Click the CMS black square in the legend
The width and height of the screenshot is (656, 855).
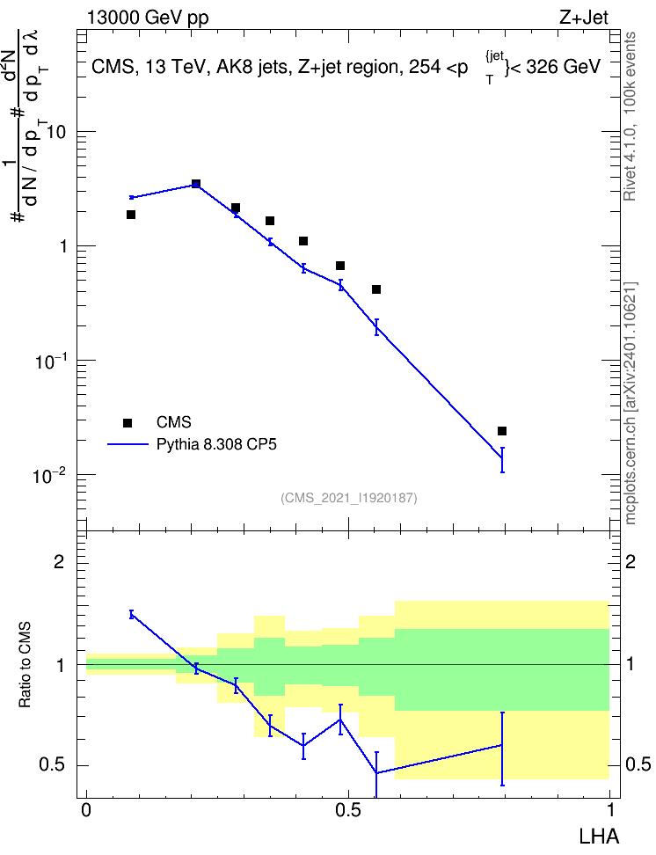coord(128,422)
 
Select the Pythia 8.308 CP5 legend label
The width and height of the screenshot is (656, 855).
coord(216,444)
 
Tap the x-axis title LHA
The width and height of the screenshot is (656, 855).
coord(598,837)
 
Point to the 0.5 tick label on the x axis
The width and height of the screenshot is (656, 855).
coord(348,810)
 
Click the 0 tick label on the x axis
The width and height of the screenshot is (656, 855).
coord(86,810)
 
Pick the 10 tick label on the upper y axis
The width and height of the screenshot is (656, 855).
coord(56,133)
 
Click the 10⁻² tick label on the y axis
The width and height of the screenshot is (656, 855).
coord(49,476)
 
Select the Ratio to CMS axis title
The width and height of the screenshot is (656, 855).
coord(25,665)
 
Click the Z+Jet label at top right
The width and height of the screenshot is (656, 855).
coord(584,18)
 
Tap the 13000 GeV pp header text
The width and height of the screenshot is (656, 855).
coord(148,18)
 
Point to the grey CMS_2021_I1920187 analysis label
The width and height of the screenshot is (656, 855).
coord(349,498)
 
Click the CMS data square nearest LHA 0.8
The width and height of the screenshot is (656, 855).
coord(502,431)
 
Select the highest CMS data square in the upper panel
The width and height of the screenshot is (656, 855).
coord(196,184)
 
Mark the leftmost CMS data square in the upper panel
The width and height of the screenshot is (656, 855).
coord(131,215)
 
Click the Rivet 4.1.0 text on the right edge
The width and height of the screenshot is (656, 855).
coord(630,167)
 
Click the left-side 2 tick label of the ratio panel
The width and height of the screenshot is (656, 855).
coord(59,561)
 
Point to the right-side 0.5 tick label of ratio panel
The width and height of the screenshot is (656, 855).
coord(638,764)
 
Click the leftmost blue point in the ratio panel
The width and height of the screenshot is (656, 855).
coord(131,615)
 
